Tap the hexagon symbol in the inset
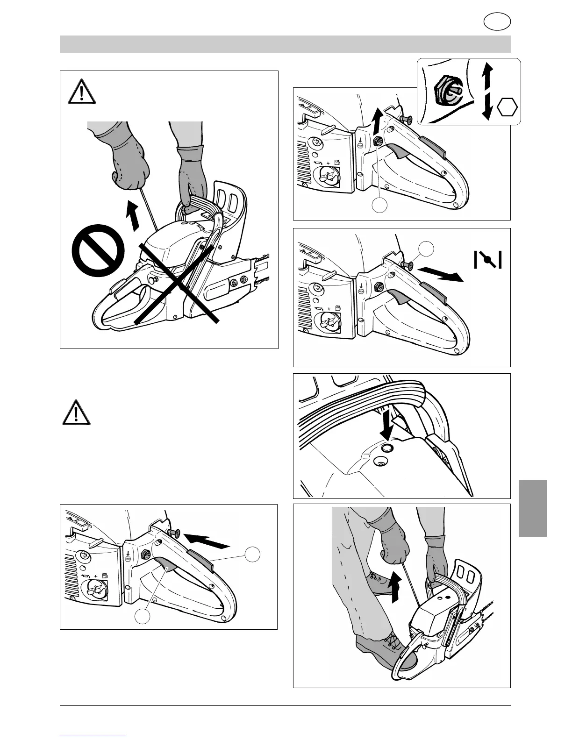coord(508,108)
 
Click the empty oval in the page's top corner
coord(497,22)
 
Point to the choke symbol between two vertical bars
coord(488,259)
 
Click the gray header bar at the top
coord(285,44)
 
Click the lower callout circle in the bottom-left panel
coord(143,617)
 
